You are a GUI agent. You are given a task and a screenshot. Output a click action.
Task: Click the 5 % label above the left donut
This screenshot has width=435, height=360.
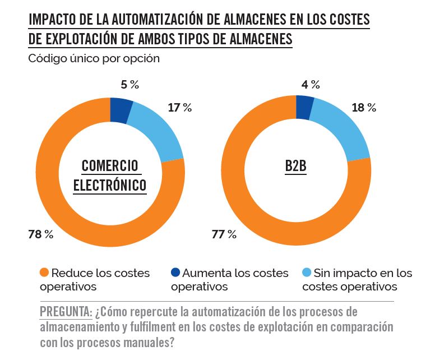point(129,85)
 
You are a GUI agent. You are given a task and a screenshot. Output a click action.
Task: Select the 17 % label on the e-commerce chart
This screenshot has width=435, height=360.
point(179,108)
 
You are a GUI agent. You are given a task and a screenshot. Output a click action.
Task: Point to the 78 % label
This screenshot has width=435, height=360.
point(40,234)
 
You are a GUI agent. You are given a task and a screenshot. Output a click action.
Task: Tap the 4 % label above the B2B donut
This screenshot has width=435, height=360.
point(311,85)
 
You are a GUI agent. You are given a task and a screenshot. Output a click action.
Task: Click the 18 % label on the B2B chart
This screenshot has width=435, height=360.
point(363,108)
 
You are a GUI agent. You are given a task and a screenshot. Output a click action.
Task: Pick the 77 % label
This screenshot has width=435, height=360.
point(224,234)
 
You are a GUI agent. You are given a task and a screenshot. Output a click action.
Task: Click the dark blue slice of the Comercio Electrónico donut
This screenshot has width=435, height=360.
point(121,110)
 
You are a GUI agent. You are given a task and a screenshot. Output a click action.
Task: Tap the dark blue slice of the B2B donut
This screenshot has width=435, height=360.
point(304,108)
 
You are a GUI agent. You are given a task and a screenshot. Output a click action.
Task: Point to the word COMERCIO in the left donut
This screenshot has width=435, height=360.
point(110,166)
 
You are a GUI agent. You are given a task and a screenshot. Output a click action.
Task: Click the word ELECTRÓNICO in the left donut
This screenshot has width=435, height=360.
point(110,185)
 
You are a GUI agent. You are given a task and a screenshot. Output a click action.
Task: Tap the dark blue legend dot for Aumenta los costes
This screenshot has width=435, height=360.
point(175,274)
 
